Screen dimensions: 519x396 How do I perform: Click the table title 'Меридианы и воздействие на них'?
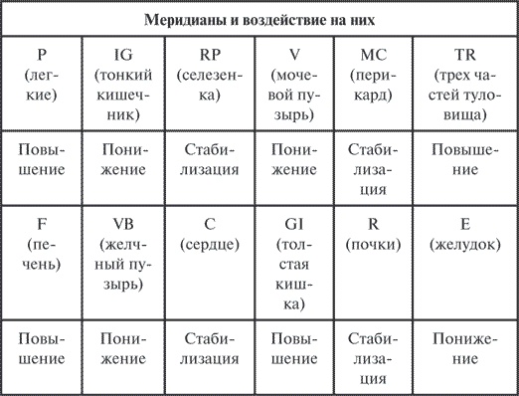[259, 19]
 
